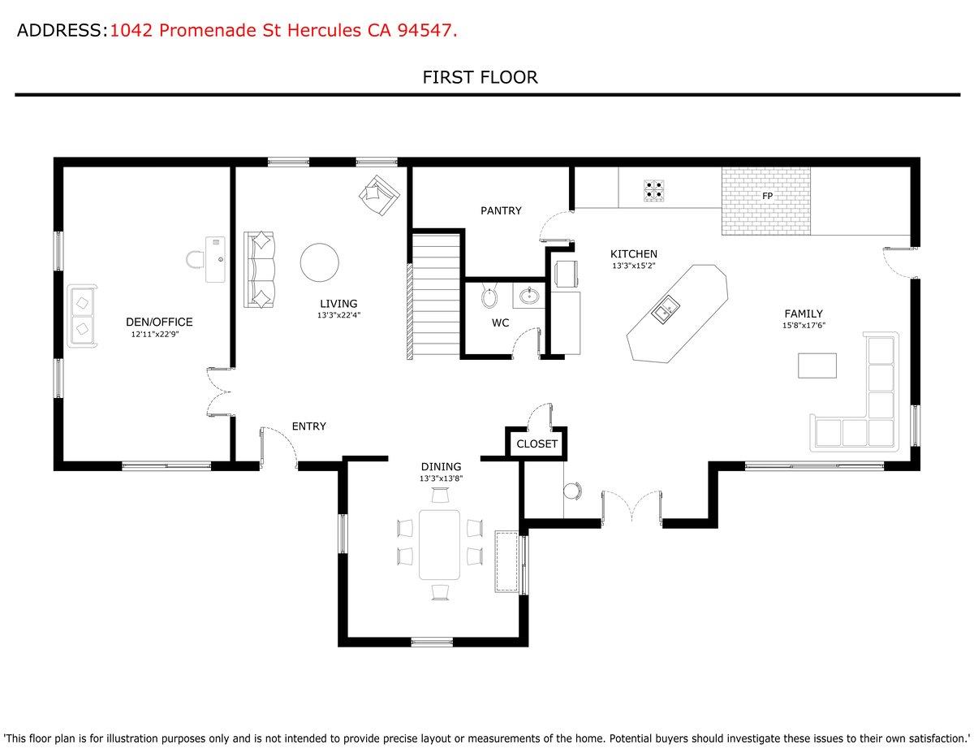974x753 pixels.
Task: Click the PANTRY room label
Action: (x=501, y=211)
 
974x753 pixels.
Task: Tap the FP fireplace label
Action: (x=766, y=197)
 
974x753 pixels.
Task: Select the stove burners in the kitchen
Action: (x=655, y=191)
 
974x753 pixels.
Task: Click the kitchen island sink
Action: (x=665, y=308)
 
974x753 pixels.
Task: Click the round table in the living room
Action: (x=320, y=262)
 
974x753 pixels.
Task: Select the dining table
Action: (x=439, y=544)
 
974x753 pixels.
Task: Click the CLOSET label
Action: (x=537, y=444)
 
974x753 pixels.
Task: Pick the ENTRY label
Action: (x=308, y=426)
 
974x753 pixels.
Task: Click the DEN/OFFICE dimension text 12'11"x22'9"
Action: (x=154, y=335)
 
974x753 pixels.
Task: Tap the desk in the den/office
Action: (x=215, y=258)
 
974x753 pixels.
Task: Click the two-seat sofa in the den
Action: (x=82, y=315)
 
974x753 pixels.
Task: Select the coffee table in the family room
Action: (x=817, y=366)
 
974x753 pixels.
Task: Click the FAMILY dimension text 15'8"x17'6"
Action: (x=803, y=326)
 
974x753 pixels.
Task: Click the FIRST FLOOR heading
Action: (x=480, y=78)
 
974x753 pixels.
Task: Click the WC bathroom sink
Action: (x=532, y=295)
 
